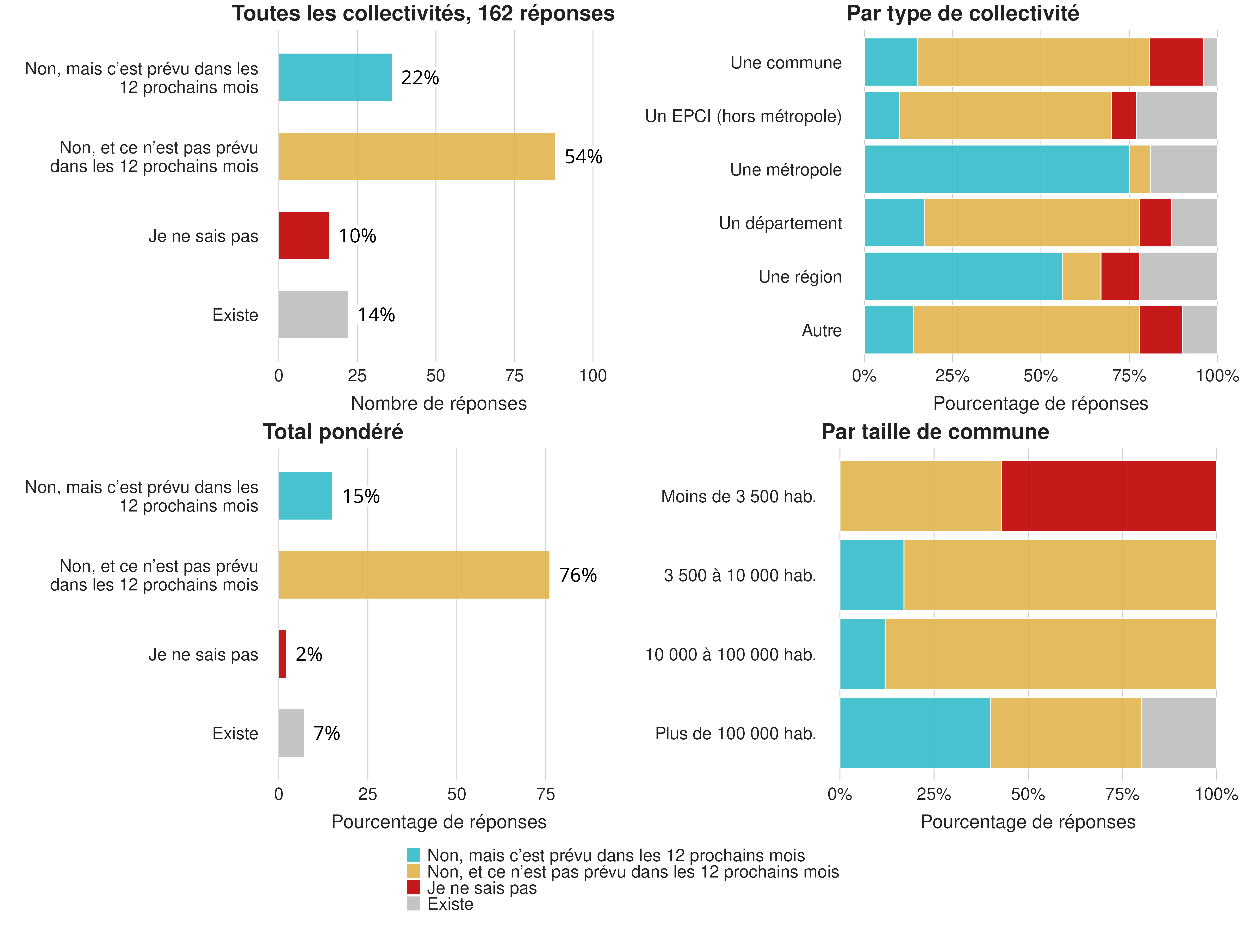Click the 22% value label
[x=420, y=78]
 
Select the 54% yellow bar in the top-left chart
[x=416, y=156]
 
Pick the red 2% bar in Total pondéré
[x=283, y=654]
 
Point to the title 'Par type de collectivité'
[x=962, y=13]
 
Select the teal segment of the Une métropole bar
[x=996, y=169]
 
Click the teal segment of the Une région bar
[x=962, y=276]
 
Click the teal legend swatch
[x=413, y=855]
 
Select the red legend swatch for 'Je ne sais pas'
[x=413, y=887]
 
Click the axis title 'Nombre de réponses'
[x=438, y=404]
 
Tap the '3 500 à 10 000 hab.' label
[x=739, y=576]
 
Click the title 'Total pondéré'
[x=333, y=432]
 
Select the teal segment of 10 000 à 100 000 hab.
[x=862, y=654]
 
